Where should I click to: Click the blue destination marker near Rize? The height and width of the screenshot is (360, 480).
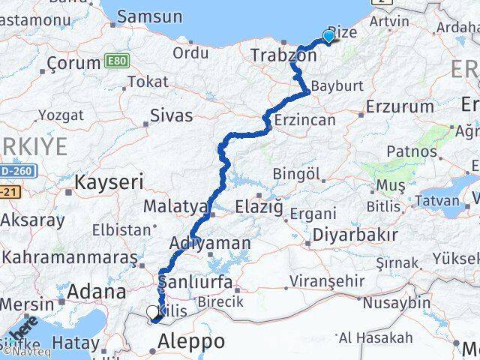[328, 36]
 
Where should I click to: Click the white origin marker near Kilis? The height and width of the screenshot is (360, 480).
[153, 312]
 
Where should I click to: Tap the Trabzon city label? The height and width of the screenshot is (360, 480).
[274, 55]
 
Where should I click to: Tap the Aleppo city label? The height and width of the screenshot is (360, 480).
[191, 341]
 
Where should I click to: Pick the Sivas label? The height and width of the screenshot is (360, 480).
[171, 115]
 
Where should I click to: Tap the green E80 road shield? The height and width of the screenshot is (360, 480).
[116, 58]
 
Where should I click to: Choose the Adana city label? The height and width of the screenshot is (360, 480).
[97, 291]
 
